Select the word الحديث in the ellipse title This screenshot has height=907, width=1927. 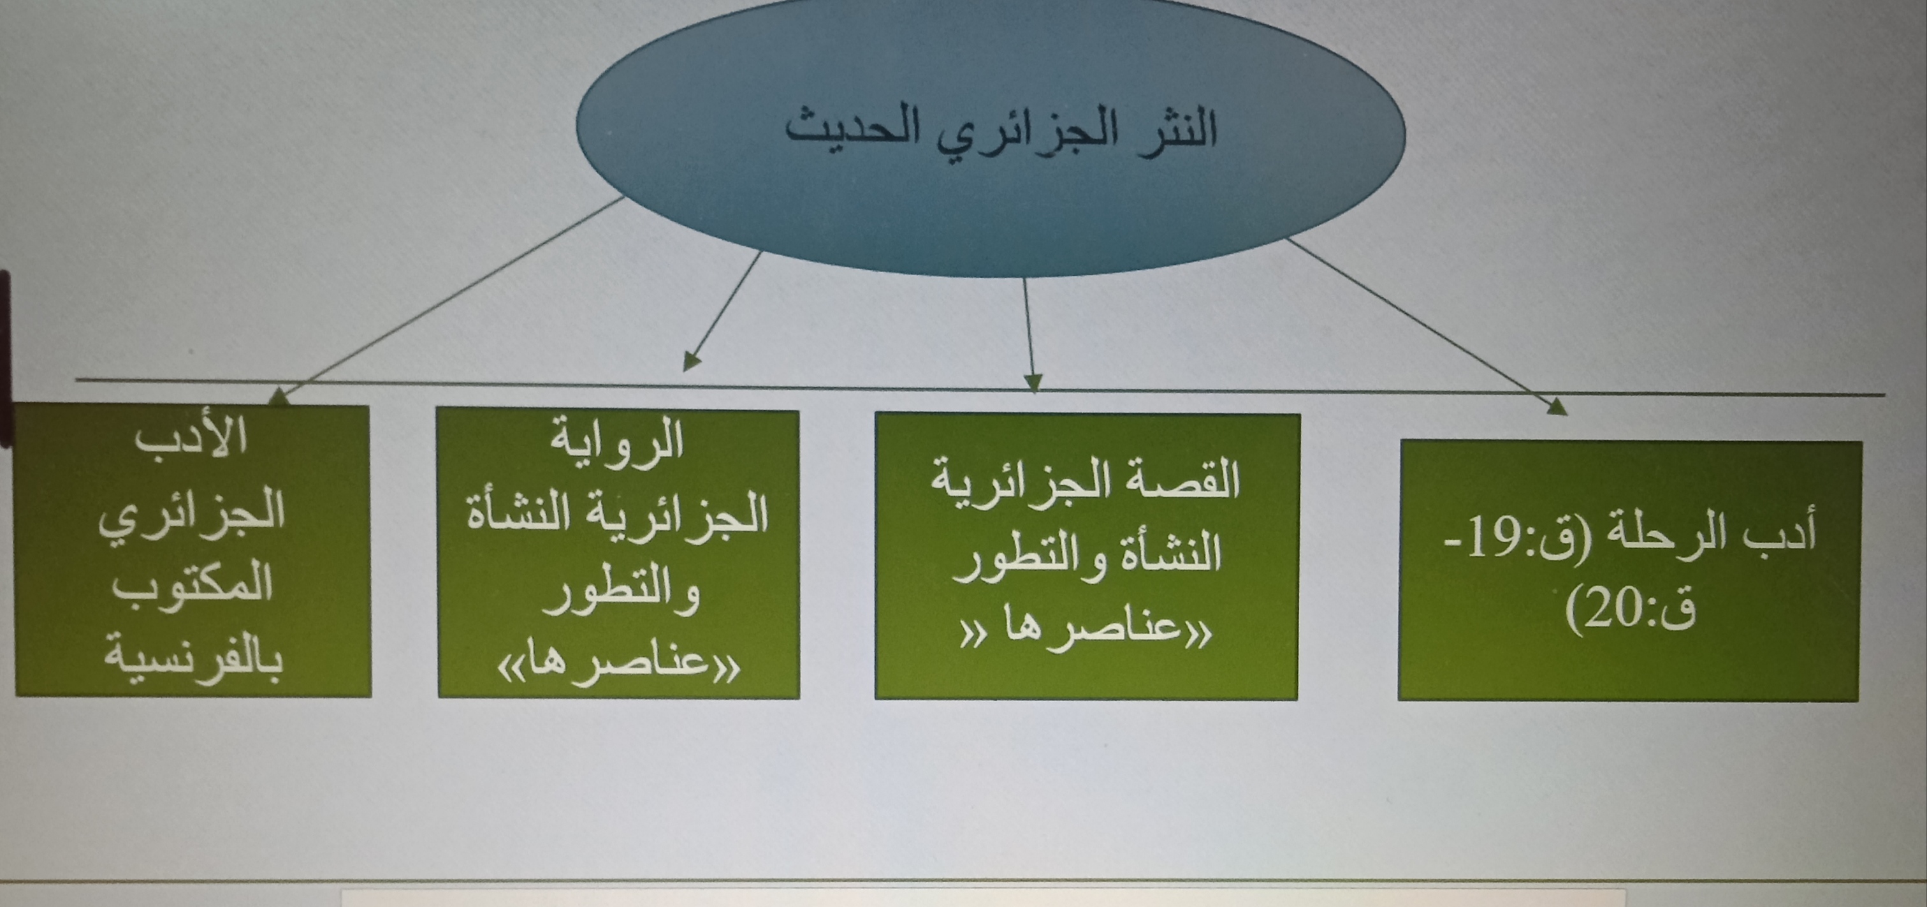pos(840,129)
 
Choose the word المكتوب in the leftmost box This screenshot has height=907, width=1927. pos(193,584)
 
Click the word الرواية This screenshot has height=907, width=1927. pos(617,440)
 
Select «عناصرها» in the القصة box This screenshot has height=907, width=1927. pos(1086,629)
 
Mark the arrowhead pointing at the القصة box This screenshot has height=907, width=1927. pos(1033,381)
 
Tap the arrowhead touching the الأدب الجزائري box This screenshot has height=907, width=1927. pos(279,397)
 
